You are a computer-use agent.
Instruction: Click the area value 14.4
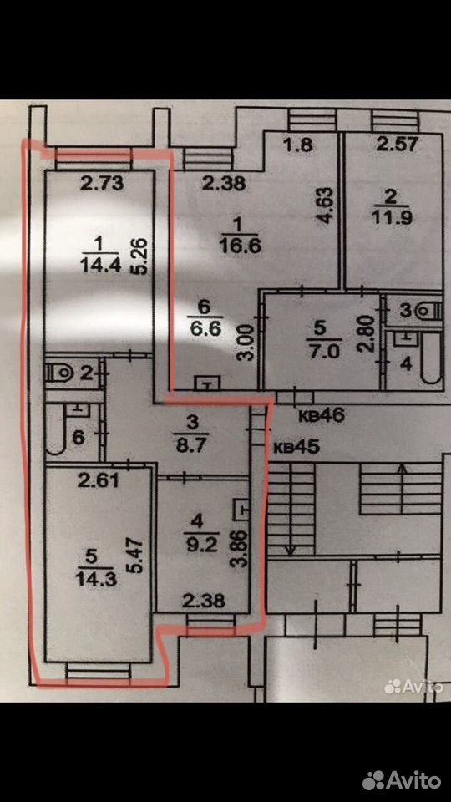tap(99, 265)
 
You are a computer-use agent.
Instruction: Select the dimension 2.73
tap(102, 184)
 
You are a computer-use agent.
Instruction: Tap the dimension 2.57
tap(397, 145)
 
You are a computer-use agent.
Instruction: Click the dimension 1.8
tap(297, 145)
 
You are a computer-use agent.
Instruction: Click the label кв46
tap(322, 415)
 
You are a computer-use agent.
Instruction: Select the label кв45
tap(296, 447)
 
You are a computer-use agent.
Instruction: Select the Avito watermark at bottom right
tap(402, 780)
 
